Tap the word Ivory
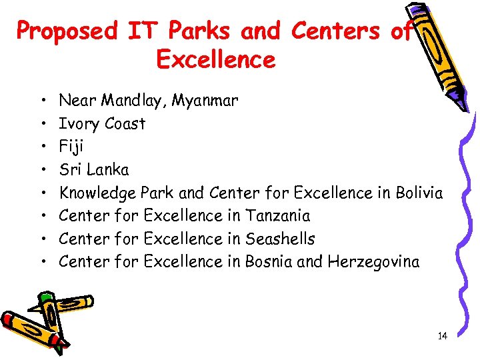click(77, 124)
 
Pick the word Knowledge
click(98, 193)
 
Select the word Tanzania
click(278, 216)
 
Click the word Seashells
click(280, 239)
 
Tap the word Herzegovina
click(374, 262)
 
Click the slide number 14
click(442, 336)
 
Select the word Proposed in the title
click(66, 31)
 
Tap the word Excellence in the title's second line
click(215, 60)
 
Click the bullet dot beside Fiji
click(43, 147)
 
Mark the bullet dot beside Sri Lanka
click(43, 170)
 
